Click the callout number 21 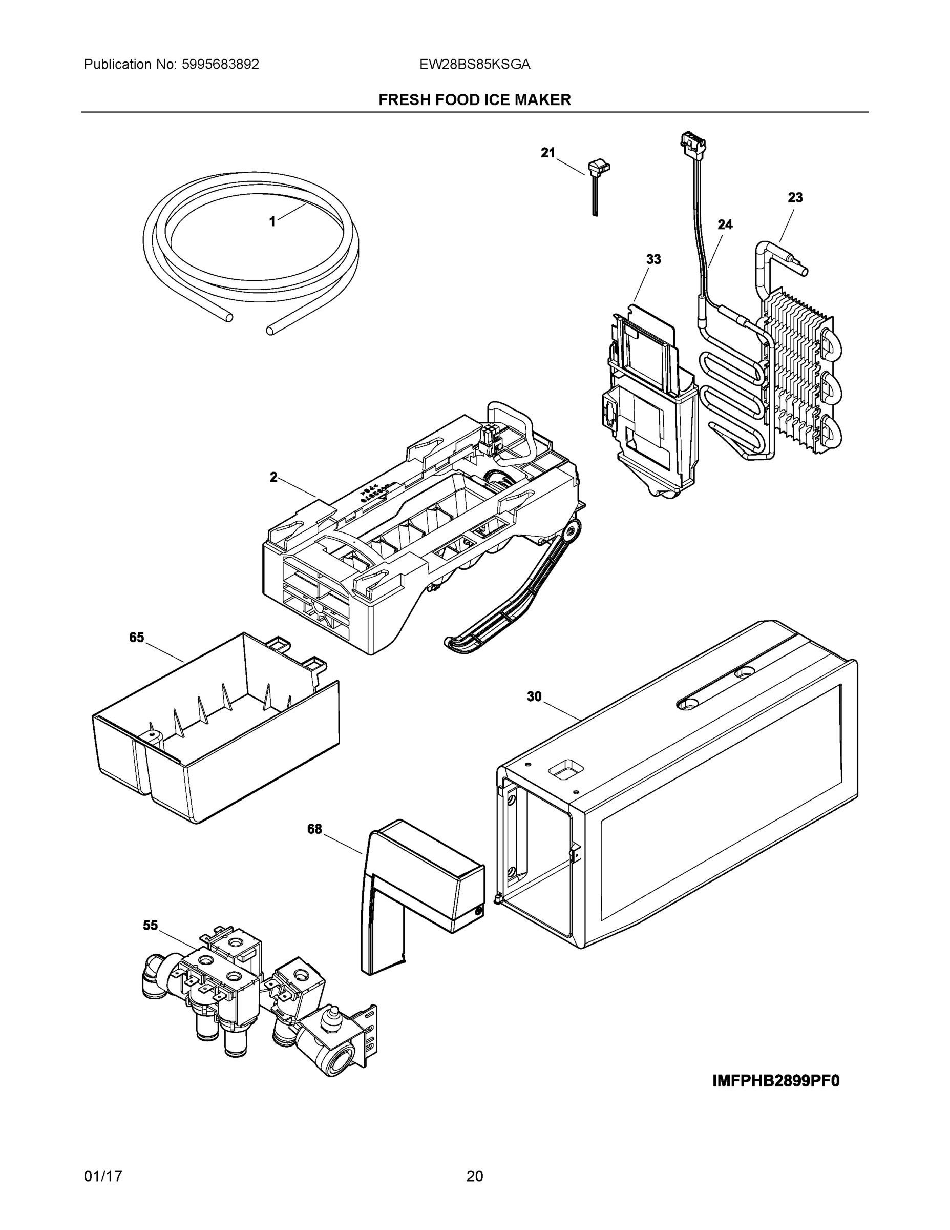click(547, 153)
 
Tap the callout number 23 click(795, 198)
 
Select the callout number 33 click(653, 260)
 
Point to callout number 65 click(137, 638)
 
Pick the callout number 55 click(150, 925)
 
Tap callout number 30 click(534, 697)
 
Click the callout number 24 click(725, 224)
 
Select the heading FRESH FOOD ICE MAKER click(474, 100)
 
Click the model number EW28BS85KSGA click(474, 65)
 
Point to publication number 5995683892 click(220, 65)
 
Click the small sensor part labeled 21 click(598, 172)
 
